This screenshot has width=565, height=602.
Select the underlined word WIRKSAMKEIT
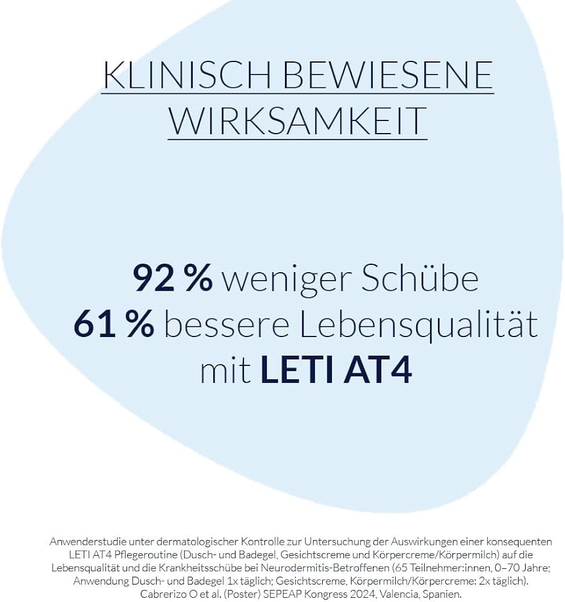(297, 121)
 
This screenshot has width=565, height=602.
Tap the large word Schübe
(420, 278)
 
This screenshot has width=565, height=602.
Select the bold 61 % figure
(114, 324)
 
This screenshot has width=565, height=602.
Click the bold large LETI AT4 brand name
(336, 371)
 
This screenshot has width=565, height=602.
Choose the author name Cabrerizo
(164, 594)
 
